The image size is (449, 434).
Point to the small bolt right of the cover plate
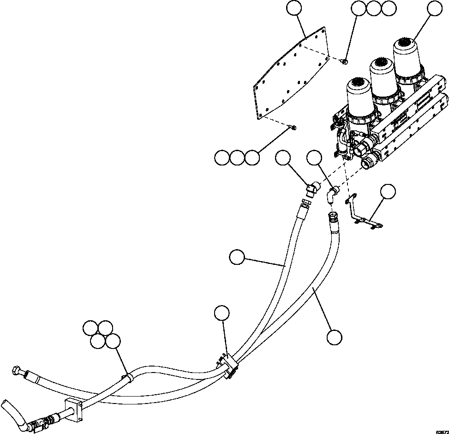pos(345,61)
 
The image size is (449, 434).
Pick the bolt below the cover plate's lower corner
pos(292,127)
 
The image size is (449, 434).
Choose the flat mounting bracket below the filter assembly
pos(363,212)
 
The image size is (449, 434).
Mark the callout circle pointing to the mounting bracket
pos(388,191)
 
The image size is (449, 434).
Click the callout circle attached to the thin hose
pos(237,257)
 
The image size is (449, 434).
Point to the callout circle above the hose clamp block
pos(222,313)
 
